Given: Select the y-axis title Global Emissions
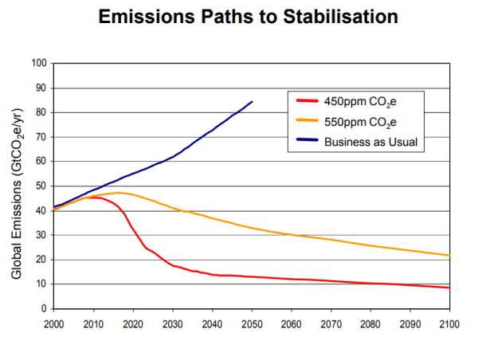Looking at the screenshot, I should tap(17, 185).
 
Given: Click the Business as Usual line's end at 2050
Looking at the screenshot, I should tap(252, 102).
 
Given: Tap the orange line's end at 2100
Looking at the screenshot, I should tap(450, 256).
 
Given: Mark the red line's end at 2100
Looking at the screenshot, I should tap(450, 288).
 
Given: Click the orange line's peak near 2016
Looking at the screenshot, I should tap(118, 193).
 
